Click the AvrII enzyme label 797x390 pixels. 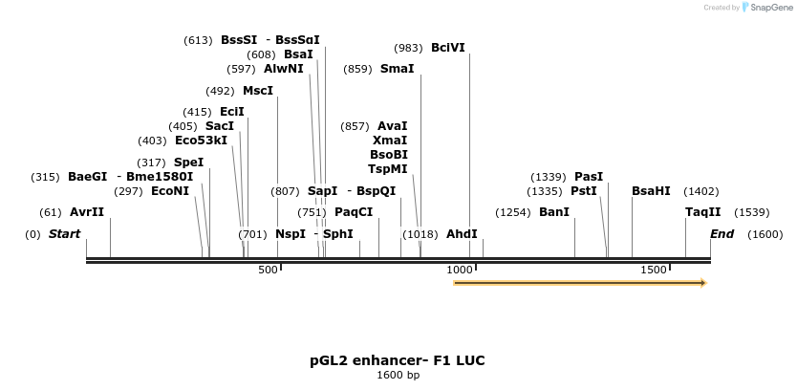87,212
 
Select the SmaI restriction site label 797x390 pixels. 398,69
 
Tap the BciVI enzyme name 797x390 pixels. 448,48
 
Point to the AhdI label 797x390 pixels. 462,234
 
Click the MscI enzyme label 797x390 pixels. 258,91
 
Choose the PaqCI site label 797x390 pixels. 354,212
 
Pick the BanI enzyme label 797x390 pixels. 554,212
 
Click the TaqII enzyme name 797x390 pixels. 703,212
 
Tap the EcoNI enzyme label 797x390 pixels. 170,191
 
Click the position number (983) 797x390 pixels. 408,48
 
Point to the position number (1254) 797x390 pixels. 512,212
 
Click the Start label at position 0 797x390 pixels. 65,234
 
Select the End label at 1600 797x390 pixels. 722,234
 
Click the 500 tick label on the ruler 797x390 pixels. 269,271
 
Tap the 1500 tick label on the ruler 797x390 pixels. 654,271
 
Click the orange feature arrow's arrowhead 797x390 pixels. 702,283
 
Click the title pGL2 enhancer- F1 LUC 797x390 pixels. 398,360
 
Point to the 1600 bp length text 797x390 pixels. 398,376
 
